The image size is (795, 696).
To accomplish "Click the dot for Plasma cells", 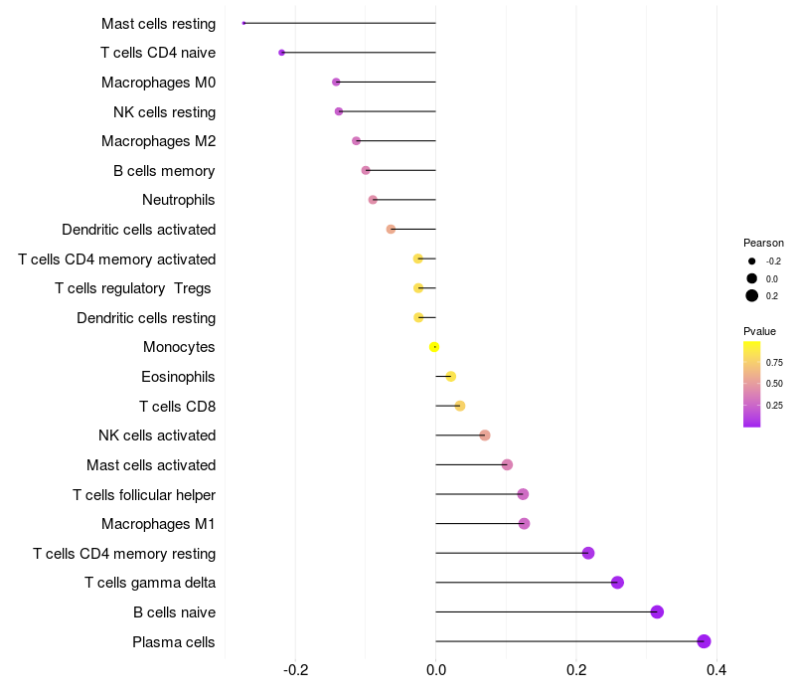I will point(705,641).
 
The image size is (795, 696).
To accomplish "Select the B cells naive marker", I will point(657,611).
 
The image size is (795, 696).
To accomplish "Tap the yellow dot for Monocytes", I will point(434,347).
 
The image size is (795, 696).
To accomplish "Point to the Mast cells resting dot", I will point(243,23).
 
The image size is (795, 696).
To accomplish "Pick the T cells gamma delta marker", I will point(617,583).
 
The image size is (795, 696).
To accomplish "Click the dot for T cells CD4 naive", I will point(282,53).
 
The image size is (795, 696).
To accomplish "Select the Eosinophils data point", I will point(451,377).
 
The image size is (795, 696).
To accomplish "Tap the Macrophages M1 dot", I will point(525,524).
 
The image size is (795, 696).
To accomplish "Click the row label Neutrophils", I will point(179,200).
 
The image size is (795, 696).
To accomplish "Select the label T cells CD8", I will point(177,406).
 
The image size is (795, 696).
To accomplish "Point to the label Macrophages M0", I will point(158,83).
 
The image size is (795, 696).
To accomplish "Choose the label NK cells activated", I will point(157,435).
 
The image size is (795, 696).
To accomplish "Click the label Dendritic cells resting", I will point(146,318).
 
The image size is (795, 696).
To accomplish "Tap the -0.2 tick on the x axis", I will point(296,671).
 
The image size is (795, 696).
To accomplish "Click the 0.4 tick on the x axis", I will point(715,671).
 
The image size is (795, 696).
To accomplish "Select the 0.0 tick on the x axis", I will point(436,671).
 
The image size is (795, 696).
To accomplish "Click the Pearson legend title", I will point(763,243).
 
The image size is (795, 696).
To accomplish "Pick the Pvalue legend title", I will point(759,331).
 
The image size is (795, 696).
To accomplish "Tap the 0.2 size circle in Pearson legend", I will point(752,295).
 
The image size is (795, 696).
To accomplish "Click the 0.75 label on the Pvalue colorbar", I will point(774,362).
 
